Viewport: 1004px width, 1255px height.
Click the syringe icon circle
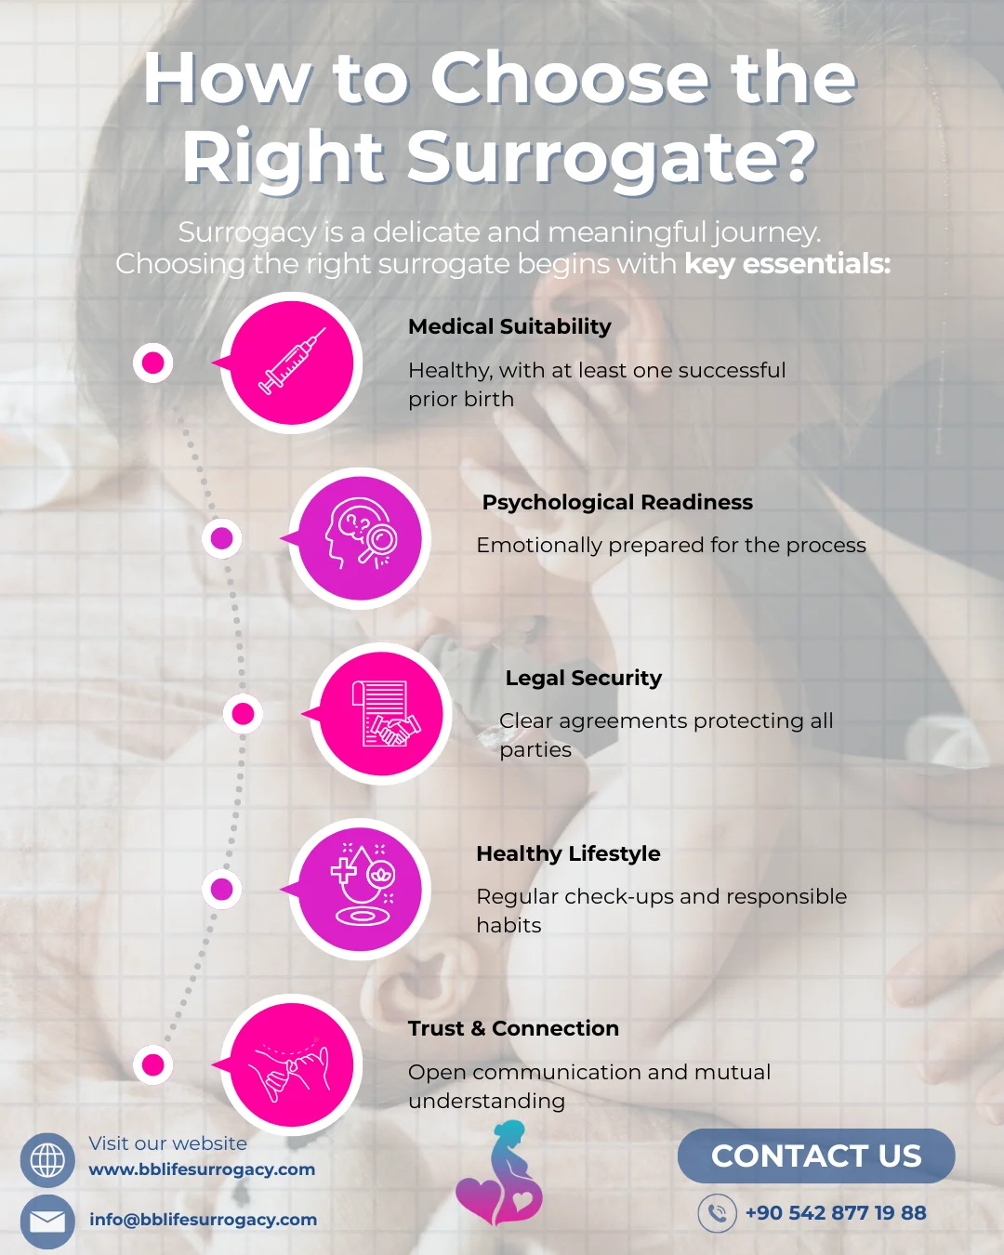pos(292,363)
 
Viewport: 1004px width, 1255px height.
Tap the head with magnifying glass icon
pos(361,537)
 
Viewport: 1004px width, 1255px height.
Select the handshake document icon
pos(382,714)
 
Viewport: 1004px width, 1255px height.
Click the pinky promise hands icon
pos(292,1064)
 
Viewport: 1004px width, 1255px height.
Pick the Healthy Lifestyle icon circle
pos(361,890)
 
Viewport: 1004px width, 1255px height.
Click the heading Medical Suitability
pos(509,326)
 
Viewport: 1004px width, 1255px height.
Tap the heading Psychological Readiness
pos(617,502)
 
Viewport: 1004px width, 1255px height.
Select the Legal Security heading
pos(583,678)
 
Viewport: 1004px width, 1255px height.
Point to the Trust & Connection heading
pos(513,1028)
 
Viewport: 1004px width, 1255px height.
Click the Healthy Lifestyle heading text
pos(568,853)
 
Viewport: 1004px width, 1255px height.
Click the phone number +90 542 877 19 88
pos(836,1212)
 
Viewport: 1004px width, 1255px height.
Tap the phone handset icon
pos(717,1213)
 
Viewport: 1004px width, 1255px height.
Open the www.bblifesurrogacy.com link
pos(202,1169)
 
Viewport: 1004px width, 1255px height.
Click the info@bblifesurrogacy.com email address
pos(203,1220)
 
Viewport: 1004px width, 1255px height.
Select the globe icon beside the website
pos(47,1160)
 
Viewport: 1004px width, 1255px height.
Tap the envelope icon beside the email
pos(47,1221)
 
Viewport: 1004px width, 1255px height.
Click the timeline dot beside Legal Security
pos(244,713)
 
